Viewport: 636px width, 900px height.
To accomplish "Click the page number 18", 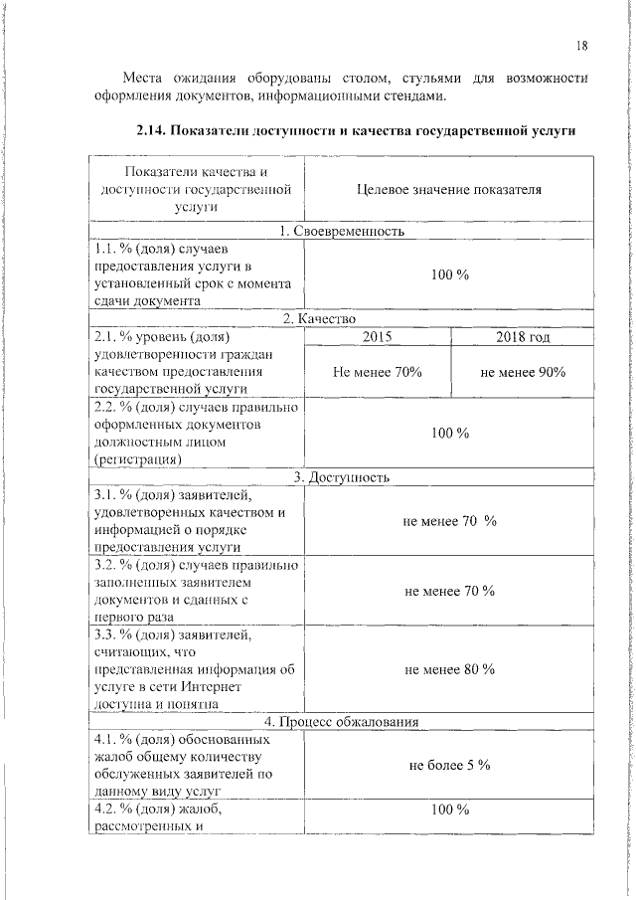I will pyautogui.click(x=581, y=45).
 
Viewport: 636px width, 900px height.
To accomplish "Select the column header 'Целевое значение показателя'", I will pyautogui.click(x=448, y=188).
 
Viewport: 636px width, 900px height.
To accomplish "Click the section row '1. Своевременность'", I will pyautogui.click(x=342, y=232).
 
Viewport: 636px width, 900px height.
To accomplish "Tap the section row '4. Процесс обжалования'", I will pyautogui.click(x=342, y=721).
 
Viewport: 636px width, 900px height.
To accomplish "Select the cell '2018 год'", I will pyautogui.click(x=523, y=337).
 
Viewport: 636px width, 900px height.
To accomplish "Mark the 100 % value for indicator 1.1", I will pyautogui.click(x=448, y=274).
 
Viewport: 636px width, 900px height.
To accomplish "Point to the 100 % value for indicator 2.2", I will pyautogui.click(x=448, y=433).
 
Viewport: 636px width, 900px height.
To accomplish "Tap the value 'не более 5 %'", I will pyautogui.click(x=448, y=765).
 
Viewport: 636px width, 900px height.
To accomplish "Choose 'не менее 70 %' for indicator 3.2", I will pyautogui.click(x=448, y=591).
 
